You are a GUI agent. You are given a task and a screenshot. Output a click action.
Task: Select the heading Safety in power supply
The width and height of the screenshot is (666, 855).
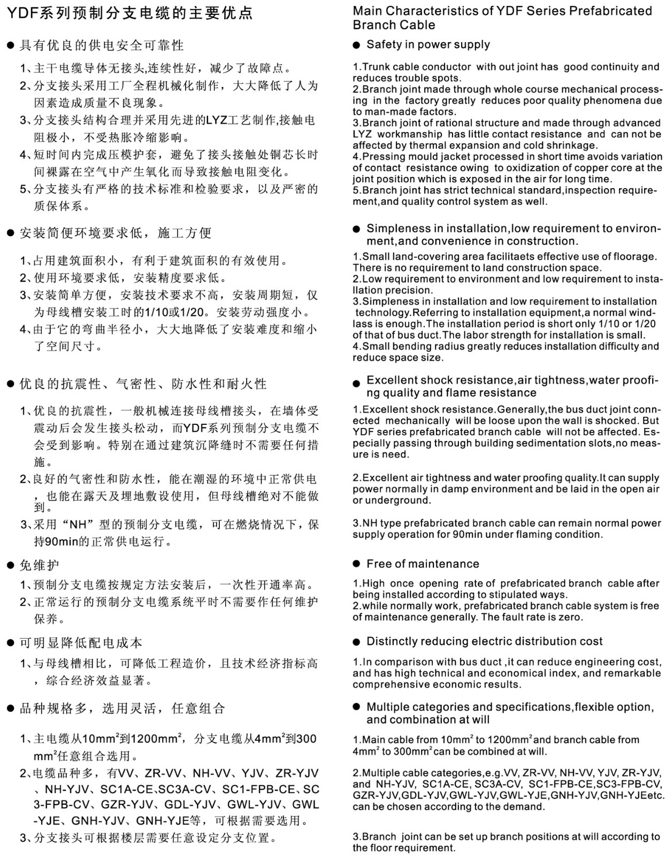click(x=428, y=44)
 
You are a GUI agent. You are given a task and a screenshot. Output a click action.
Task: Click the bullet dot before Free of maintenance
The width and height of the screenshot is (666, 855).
click(x=357, y=564)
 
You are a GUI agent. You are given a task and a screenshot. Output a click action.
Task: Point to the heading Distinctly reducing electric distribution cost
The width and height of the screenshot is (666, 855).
click(x=484, y=641)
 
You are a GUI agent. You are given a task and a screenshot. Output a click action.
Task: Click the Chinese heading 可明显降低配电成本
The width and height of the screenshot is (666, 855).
click(x=80, y=643)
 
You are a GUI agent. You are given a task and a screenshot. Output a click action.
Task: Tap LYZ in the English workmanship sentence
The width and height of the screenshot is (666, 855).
click(x=362, y=134)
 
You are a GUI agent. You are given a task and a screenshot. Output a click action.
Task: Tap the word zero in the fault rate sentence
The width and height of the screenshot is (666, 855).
click(x=571, y=617)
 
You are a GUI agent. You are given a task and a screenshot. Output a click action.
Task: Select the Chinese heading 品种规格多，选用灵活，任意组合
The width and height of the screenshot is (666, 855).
click(x=122, y=709)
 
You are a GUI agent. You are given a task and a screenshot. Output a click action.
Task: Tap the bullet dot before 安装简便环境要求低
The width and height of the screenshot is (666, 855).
click(x=10, y=233)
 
